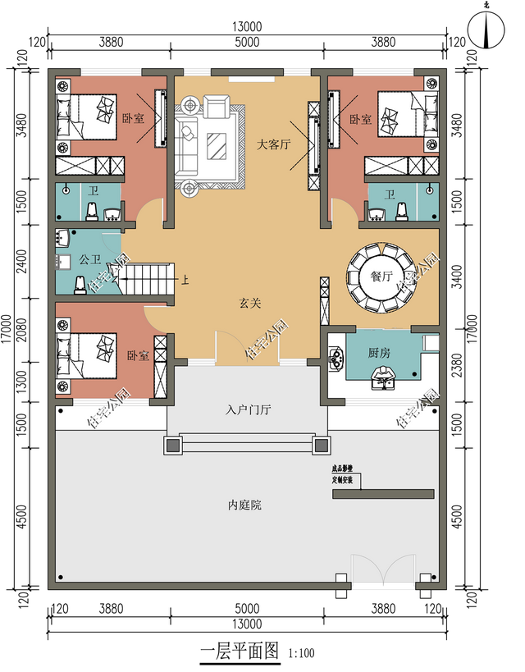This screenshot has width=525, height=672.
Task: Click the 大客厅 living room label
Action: click(x=273, y=144)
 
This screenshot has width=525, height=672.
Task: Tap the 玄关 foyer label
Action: click(x=250, y=303)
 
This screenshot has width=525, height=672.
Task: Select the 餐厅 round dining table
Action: click(x=381, y=277)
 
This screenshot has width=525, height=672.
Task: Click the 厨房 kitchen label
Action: click(x=379, y=353)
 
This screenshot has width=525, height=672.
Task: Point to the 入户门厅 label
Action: click(x=248, y=409)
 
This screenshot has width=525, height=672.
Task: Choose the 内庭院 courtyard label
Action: click(x=244, y=505)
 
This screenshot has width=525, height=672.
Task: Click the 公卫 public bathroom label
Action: click(x=89, y=259)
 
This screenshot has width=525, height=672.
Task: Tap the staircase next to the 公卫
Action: click(x=148, y=279)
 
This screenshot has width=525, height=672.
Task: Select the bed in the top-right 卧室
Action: click(x=407, y=114)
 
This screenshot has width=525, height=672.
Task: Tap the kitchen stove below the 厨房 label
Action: click(x=382, y=378)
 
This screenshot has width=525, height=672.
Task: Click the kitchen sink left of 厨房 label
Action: click(x=335, y=358)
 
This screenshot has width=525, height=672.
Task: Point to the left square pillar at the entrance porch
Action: click(x=173, y=445)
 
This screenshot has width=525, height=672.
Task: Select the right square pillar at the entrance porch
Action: click(x=322, y=445)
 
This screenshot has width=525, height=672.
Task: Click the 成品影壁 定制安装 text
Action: click(x=342, y=473)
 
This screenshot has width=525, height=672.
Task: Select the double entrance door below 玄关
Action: click(x=248, y=348)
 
